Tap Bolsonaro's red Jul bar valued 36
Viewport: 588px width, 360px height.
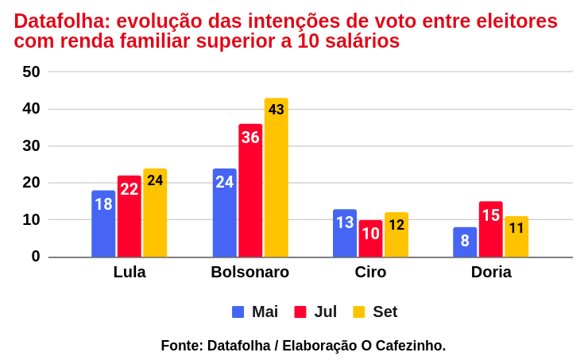(250, 191)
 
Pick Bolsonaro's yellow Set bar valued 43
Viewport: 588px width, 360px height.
(276, 178)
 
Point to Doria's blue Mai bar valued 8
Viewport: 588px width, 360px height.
(465, 242)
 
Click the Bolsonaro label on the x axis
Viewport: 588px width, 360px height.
(250, 273)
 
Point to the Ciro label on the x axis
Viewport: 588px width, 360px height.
(370, 273)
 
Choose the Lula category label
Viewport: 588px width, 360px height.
(130, 273)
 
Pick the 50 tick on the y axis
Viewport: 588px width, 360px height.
(31, 72)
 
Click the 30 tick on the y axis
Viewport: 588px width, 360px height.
(31, 146)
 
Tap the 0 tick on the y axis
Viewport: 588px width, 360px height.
(36, 257)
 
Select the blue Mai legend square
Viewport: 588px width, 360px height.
(238, 312)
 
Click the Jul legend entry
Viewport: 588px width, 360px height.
(325, 312)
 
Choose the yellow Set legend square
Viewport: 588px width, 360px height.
(359, 312)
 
